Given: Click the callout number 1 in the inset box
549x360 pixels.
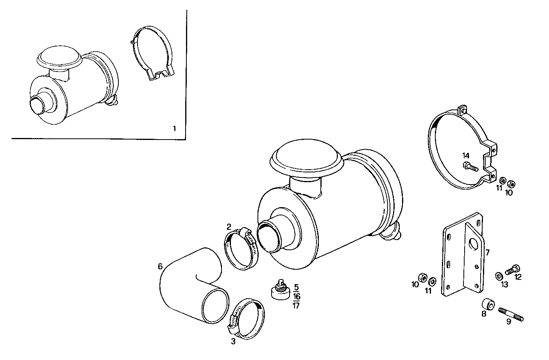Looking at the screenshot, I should click(x=174, y=128).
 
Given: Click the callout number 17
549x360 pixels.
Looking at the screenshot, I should click(x=296, y=306).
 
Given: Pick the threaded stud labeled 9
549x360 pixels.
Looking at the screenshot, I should click(x=511, y=314).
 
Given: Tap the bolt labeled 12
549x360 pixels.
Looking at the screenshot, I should click(x=513, y=269).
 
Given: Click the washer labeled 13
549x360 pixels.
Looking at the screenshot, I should click(x=499, y=276).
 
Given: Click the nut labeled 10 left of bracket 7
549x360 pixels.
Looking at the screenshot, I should click(x=422, y=277).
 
